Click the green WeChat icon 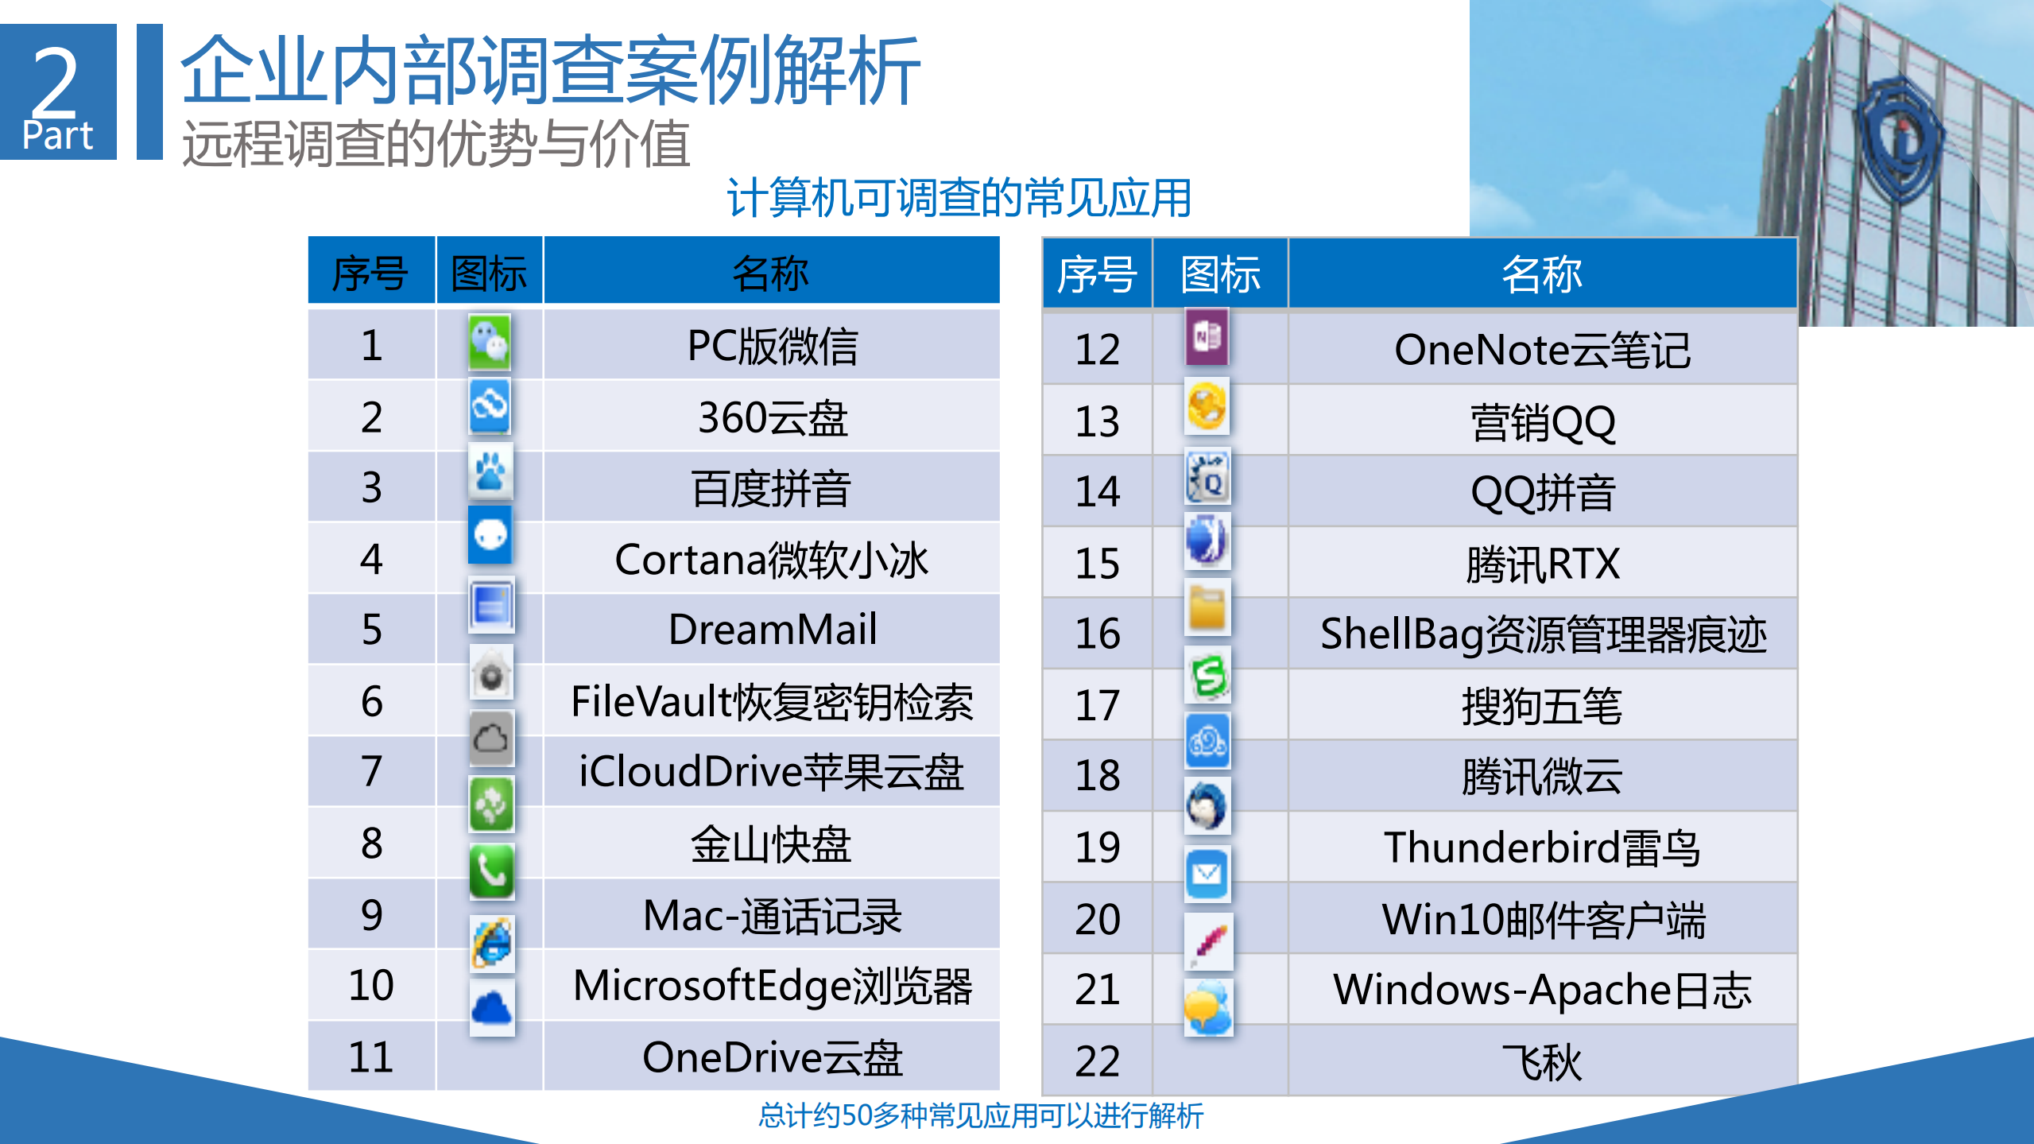(490, 342)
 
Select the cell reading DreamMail (772, 630)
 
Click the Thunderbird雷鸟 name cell (1542, 847)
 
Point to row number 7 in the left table (371, 771)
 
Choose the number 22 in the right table (1097, 1061)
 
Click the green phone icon (491, 872)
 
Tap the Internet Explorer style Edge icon (492, 944)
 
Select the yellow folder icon (1207, 608)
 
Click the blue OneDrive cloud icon (492, 1008)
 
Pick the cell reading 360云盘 (772, 417)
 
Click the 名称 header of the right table (1542, 275)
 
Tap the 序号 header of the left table (370, 273)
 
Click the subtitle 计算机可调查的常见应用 (959, 199)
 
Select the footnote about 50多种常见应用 (981, 1116)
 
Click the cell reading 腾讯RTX (1542, 564)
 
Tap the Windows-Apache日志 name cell (1542, 990)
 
